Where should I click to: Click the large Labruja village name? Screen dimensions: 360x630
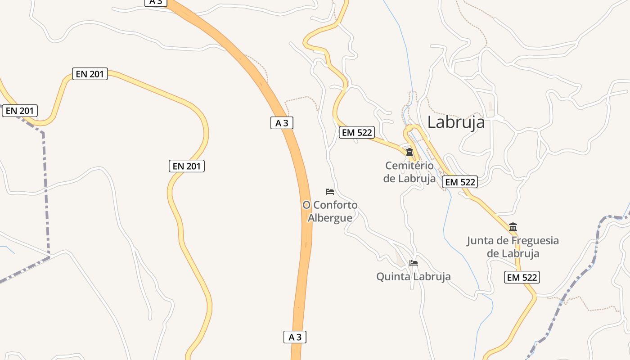(x=456, y=122)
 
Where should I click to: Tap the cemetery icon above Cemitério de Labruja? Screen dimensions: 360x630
(x=409, y=152)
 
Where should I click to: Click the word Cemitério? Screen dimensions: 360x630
(x=409, y=166)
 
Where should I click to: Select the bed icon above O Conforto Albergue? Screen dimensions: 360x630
(x=330, y=192)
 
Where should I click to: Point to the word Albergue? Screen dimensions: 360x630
(x=330, y=218)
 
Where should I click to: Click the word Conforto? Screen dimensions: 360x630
(x=335, y=205)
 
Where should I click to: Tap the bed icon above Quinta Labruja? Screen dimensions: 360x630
(x=414, y=263)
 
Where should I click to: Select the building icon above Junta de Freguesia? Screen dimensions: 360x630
(x=513, y=227)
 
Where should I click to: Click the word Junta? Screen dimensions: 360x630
(x=481, y=240)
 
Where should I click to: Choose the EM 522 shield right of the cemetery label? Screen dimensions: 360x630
(x=459, y=182)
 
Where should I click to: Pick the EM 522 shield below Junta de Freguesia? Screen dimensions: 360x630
(x=522, y=277)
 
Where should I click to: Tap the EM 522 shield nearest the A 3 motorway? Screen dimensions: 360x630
(x=356, y=132)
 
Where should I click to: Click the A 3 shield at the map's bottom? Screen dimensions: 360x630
(x=295, y=337)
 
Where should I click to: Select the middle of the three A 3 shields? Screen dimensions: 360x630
(x=282, y=123)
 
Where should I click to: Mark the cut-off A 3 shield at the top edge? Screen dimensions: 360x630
(x=156, y=2)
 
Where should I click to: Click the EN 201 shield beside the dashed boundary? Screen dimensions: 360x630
(x=20, y=111)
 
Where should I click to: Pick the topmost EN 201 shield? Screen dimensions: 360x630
(x=90, y=74)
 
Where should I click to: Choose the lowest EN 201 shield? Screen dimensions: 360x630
(x=187, y=166)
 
